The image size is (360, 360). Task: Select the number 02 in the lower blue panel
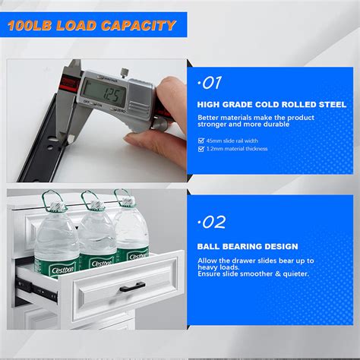tap(212, 222)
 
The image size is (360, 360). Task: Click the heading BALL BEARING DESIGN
tap(248, 246)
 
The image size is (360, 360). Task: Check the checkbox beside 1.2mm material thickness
tap(201, 149)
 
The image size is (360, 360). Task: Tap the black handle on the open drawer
tap(130, 288)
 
